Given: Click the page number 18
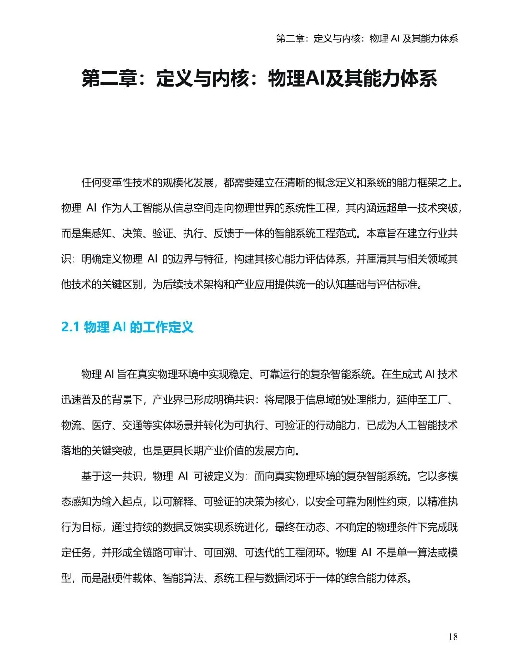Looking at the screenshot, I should [x=453, y=636].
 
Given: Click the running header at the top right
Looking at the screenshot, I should [x=367, y=38].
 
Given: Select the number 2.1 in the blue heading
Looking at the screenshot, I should [x=70, y=327].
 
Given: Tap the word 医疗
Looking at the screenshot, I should [x=102, y=425].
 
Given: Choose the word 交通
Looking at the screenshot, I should [x=132, y=425].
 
